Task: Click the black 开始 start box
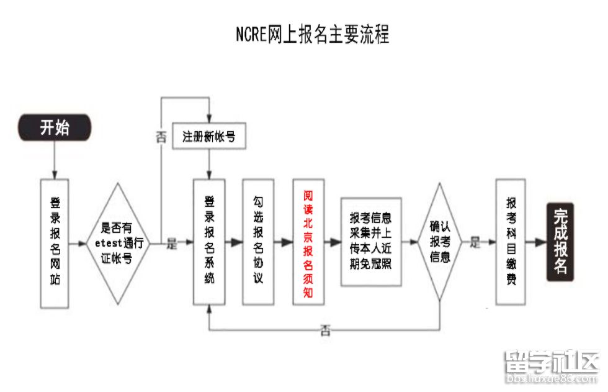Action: [x=55, y=128]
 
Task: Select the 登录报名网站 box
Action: [x=55, y=243]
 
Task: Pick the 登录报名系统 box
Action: [x=209, y=242]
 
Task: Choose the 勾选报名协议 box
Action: [x=258, y=242]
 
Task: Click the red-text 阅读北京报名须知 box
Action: [x=308, y=242]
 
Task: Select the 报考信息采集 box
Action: [x=371, y=242]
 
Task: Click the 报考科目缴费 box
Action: [x=511, y=242]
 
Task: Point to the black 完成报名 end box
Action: [x=560, y=242]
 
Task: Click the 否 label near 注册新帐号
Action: [x=161, y=137]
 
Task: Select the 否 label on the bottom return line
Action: [x=324, y=330]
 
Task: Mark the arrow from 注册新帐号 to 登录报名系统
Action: [x=209, y=165]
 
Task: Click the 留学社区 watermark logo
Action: [x=552, y=367]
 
